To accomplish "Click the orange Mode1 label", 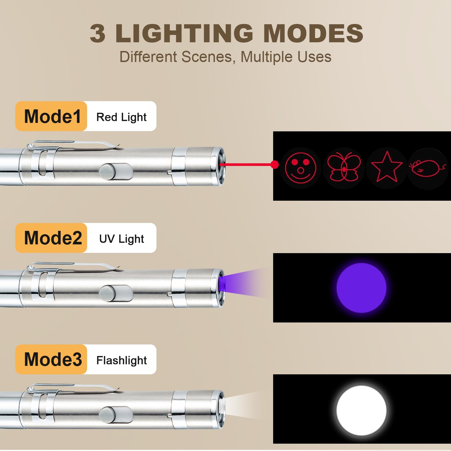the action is (51, 116).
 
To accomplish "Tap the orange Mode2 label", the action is (51, 238).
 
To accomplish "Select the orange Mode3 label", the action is (51, 359).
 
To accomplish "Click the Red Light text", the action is (121, 117).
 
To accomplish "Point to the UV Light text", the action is (121, 239).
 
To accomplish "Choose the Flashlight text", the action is (121, 360).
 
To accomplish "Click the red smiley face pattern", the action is (301, 168).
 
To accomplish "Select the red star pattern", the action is (387, 167).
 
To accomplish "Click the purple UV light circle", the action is (361, 288).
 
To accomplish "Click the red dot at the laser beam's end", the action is (275, 165).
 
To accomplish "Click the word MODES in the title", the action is (313, 33).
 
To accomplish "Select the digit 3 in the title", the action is (98, 33).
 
